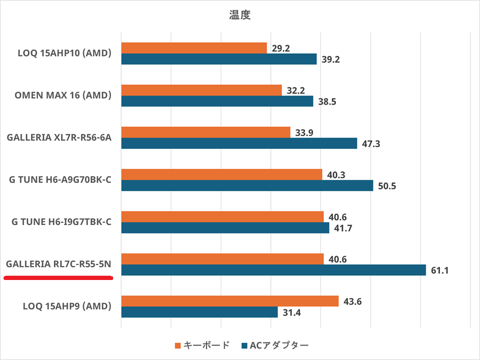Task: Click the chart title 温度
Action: click(x=239, y=15)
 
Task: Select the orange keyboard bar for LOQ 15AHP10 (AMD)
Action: click(x=194, y=48)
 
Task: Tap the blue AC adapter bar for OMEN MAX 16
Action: click(x=217, y=101)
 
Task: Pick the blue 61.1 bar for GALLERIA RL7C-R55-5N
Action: click(x=274, y=270)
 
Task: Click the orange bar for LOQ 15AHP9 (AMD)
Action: click(x=230, y=301)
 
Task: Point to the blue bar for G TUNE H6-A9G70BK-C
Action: click(x=247, y=186)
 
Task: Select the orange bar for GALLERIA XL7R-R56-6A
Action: click(x=206, y=132)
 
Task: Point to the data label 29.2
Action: click(x=280, y=49)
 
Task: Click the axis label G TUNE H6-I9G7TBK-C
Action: click(x=61, y=221)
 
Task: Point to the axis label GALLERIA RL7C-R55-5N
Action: click(x=59, y=263)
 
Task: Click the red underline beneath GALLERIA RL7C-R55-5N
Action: click(x=58, y=277)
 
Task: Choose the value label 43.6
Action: click(x=352, y=301)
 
